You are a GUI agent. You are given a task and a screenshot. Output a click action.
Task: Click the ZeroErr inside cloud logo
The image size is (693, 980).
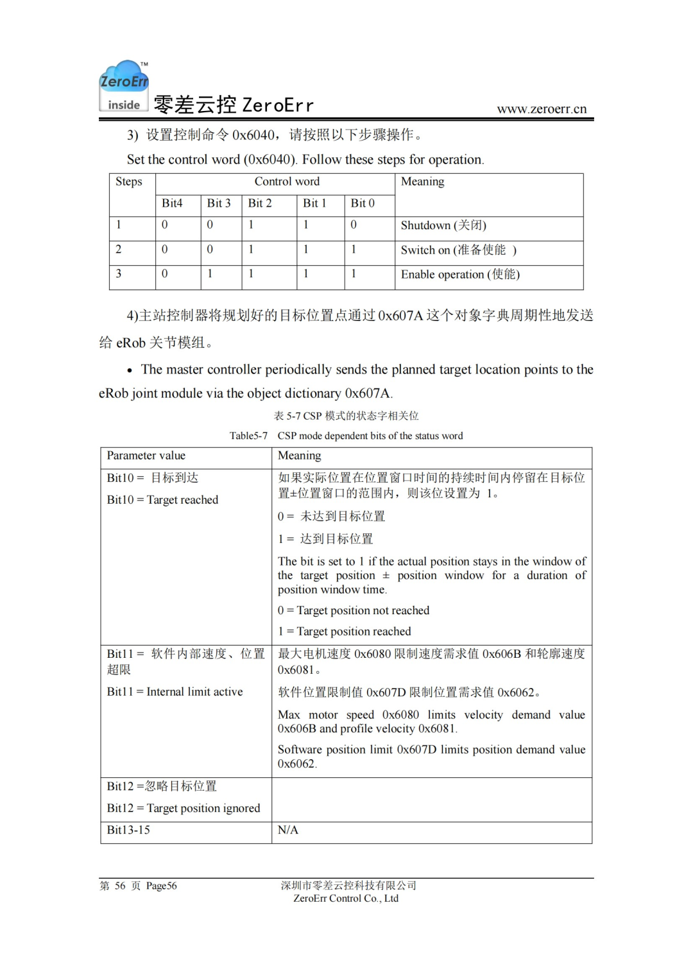pos(124,86)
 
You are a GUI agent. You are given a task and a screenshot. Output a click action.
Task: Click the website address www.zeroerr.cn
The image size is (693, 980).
pos(542,108)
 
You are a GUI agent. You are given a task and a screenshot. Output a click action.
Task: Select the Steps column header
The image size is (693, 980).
pos(129,182)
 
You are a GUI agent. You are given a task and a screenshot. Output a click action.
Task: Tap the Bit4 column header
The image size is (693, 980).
pos(172,203)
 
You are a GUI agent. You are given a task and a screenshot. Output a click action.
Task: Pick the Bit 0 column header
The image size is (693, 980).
pos(363,203)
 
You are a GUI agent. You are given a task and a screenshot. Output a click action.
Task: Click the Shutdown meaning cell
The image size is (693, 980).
pos(443,225)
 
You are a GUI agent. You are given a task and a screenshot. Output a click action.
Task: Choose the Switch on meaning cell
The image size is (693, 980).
pos(458,250)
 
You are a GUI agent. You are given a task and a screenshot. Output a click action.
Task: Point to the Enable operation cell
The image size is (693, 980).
pos(460,274)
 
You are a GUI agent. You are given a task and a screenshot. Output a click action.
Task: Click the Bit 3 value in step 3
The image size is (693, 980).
pos(210,273)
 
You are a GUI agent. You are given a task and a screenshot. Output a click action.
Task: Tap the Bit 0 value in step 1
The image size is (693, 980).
pos(354,225)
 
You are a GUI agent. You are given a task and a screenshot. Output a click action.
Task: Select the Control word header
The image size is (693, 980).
pos(287,182)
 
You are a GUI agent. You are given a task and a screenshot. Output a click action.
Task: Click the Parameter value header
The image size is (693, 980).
pos(146,456)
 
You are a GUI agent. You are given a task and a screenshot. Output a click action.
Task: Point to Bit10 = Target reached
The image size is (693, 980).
pos(163,500)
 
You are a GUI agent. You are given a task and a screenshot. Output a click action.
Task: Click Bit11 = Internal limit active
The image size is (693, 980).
pos(175,692)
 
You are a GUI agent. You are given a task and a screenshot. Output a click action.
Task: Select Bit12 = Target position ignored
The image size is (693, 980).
pos(184,808)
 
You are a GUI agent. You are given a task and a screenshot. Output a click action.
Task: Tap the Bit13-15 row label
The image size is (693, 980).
pos(128,830)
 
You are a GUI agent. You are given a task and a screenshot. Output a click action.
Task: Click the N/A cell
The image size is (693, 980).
pos(288,830)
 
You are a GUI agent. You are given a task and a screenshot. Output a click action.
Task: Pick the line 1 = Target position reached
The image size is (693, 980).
pos(345,632)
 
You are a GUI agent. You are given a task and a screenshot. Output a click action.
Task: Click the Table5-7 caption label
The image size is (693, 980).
pos(248,436)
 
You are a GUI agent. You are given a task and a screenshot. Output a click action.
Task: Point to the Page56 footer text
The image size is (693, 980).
pos(161,886)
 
